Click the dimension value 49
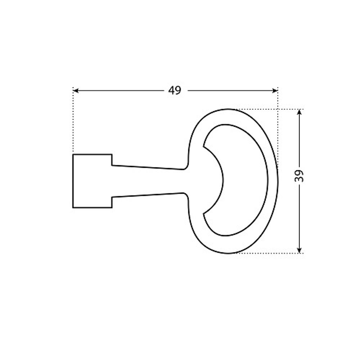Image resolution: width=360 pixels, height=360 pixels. tap(175, 90)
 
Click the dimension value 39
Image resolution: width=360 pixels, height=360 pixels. tap(299, 176)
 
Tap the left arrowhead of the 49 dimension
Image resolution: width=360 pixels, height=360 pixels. tap(76, 91)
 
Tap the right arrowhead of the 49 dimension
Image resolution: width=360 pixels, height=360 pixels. tap(275, 91)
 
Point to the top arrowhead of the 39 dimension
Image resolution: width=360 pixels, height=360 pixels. tap(299, 112)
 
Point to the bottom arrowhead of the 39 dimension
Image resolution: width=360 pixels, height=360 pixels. tap(299, 250)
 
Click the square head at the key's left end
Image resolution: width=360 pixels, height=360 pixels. tap(92, 181)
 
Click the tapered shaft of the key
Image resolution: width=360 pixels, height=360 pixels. tap(148, 181)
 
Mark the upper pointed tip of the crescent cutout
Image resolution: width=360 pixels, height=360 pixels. tap(203, 146)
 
